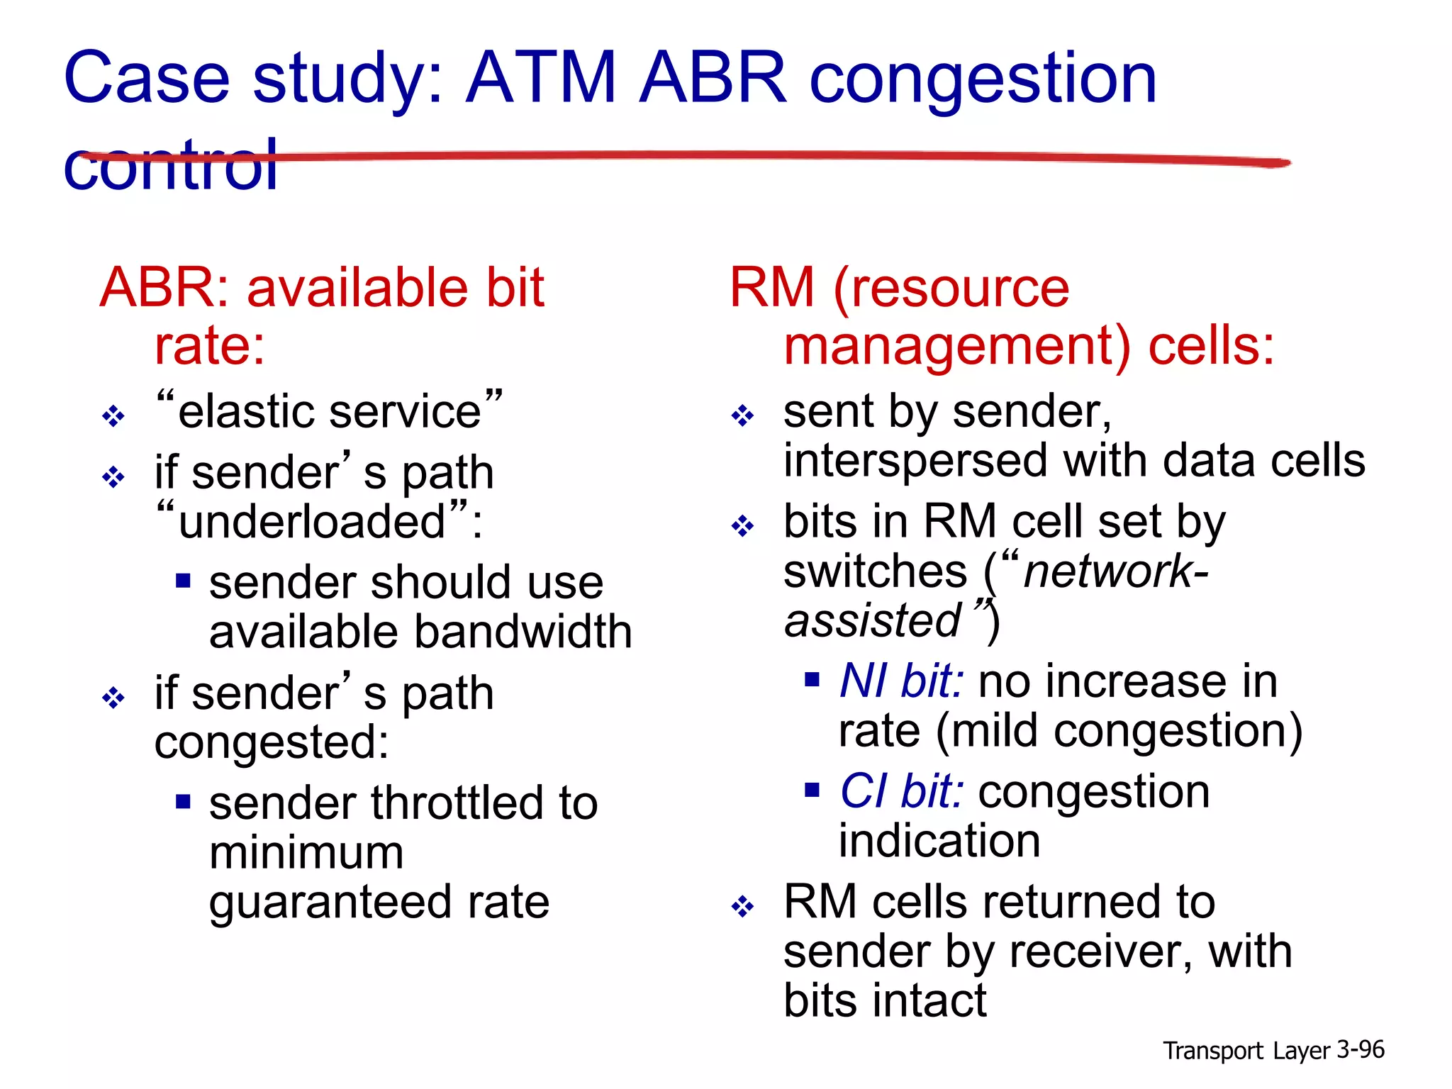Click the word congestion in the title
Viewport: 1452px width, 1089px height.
983,79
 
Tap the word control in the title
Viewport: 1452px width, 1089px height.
170,165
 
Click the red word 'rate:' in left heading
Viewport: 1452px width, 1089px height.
210,345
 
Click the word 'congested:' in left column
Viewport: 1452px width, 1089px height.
272,742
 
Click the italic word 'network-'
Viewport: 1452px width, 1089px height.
1115,571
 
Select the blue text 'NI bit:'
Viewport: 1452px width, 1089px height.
901,681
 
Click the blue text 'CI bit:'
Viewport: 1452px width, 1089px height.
901,791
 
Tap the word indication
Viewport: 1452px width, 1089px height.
939,842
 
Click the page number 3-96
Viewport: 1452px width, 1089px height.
1360,1049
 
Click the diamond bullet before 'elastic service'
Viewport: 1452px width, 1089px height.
113,415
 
